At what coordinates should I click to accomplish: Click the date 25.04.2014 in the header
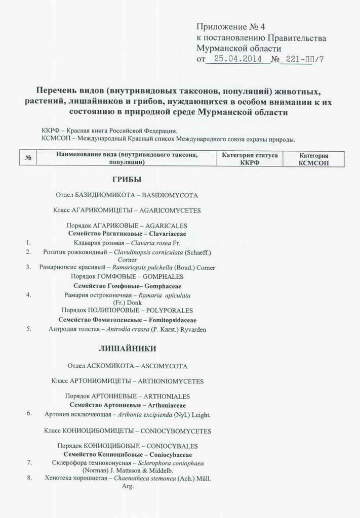tap(237, 59)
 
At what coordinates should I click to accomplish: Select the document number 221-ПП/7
tap(305, 59)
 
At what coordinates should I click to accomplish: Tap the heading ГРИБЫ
tap(126, 179)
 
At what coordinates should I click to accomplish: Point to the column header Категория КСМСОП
tap(313, 159)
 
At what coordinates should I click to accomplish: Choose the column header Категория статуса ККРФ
tap(250, 159)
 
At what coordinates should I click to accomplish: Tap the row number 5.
tap(29, 329)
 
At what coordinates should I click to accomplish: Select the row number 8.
tap(29, 477)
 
